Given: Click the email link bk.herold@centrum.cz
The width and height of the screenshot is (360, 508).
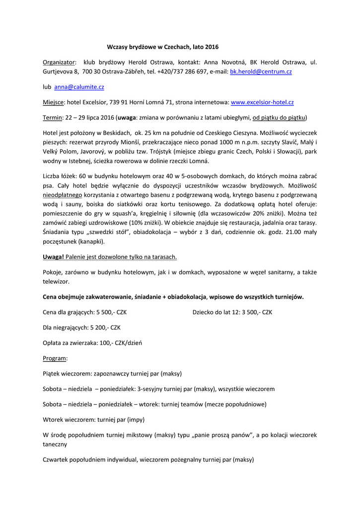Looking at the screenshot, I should click(x=261, y=72).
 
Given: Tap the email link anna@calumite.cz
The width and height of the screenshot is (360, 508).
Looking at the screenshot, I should click(x=79, y=87).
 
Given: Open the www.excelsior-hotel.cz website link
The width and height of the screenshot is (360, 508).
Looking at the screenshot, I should click(x=262, y=102).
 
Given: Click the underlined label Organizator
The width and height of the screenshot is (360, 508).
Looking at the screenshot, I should click(x=60, y=62).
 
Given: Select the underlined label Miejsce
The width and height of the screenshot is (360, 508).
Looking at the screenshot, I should click(x=54, y=102).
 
